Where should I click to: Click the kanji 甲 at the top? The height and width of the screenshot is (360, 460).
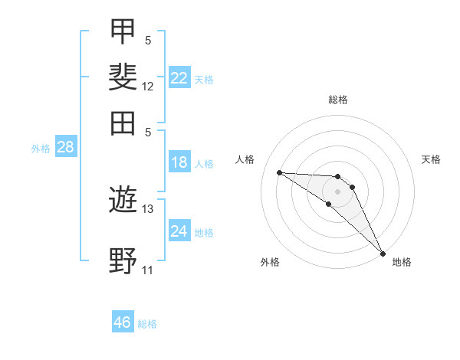[x=123, y=31]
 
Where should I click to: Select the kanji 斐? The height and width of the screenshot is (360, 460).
[x=123, y=77]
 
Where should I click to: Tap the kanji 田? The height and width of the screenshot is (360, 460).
[x=123, y=123]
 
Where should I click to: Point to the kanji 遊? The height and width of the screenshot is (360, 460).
[x=123, y=199]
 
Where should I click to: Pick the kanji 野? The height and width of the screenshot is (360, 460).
[x=123, y=260]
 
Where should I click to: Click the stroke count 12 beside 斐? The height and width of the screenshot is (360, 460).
[x=147, y=87]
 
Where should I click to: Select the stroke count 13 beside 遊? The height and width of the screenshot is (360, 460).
[x=147, y=209]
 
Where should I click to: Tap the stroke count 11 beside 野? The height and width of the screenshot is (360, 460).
[x=147, y=270]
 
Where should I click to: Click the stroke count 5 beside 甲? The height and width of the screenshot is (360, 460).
[x=148, y=41]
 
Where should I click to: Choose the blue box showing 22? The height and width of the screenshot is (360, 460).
[x=179, y=77]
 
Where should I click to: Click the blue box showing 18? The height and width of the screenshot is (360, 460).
[x=179, y=162]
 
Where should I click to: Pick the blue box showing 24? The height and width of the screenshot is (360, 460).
[x=179, y=230]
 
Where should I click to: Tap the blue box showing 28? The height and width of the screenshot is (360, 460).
[x=66, y=146]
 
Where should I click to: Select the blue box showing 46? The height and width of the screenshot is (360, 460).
[x=123, y=321]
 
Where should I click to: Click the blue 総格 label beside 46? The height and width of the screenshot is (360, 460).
[x=147, y=324]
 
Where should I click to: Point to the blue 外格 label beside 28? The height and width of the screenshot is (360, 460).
[x=41, y=149]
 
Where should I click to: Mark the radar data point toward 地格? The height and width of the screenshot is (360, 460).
[x=383, y=254]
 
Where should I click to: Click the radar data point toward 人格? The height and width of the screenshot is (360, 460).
[x=280, y=172]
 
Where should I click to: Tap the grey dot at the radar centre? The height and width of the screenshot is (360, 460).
[x=337, y=191]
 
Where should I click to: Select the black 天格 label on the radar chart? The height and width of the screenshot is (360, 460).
[x=431, y=159]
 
